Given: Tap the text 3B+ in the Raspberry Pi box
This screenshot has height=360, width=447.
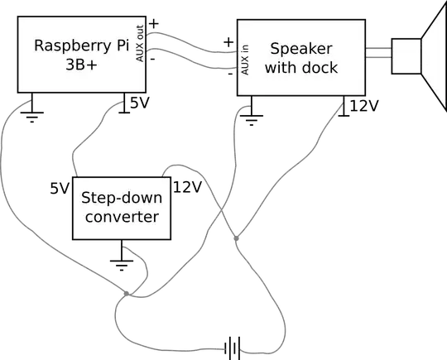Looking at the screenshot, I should point(81,67).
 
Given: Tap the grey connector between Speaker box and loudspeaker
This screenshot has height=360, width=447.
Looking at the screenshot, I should point(377,52).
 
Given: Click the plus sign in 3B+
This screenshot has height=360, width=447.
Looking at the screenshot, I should point(95,68).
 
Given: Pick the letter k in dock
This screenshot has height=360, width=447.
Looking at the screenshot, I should point(333,68).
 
